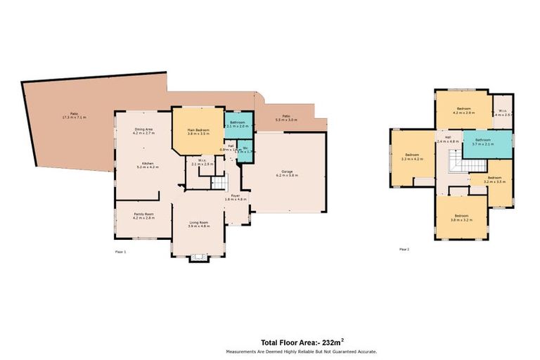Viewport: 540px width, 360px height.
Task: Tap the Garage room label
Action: tap(287, 173)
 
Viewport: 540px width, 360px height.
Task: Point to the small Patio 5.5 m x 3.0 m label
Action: tap(286, 118)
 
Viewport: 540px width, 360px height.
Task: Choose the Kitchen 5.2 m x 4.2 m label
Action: tap(144, 165)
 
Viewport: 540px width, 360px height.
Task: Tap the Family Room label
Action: tap(143, 215)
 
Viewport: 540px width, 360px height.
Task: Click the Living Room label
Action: tap(199, 225)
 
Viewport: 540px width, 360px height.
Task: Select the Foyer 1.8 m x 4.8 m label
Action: tap(236, 198)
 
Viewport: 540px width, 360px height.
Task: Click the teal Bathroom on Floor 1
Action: tap(236, 124)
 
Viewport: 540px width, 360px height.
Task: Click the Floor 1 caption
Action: tap(120, 250)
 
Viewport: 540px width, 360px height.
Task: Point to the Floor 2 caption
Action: tap(404, 249)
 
